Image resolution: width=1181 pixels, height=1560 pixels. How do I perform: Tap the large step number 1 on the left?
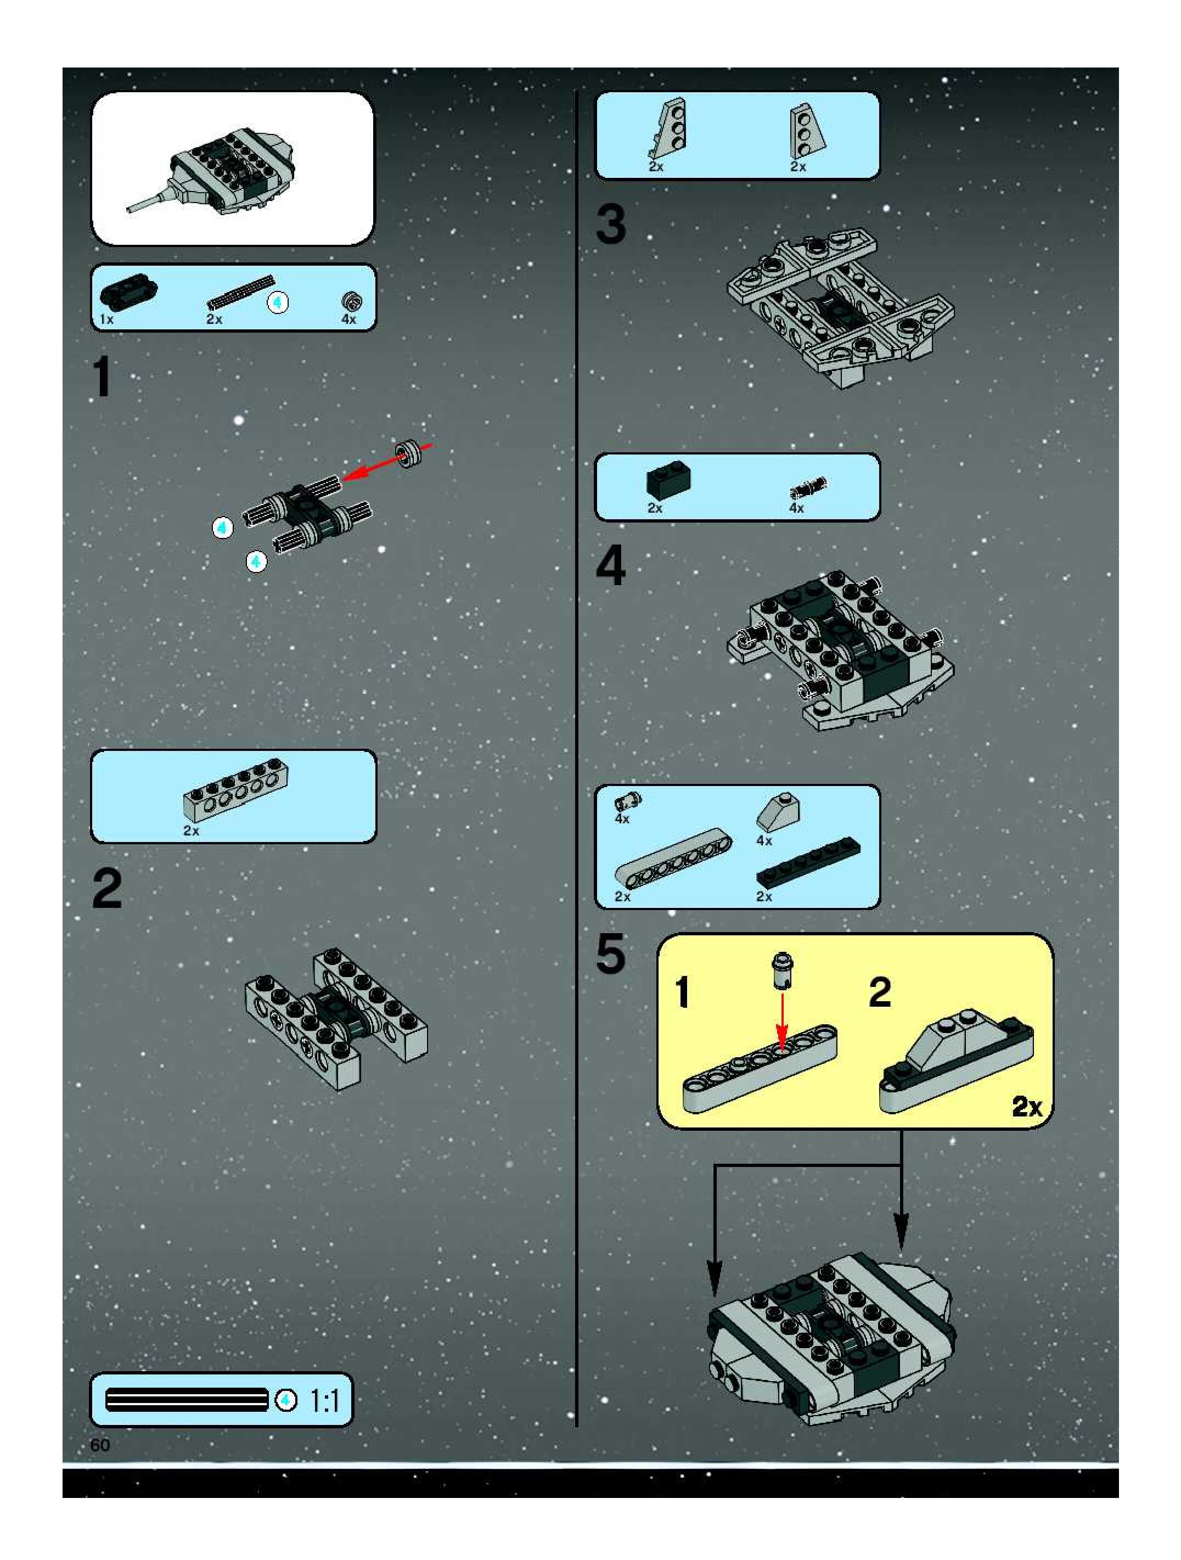point(102,377)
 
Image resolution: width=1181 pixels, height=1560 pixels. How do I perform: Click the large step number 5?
point(611,953)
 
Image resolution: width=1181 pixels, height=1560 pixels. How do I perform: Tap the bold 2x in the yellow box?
point(1027,1106)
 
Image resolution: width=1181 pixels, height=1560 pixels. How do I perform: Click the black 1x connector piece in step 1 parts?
point(128,292)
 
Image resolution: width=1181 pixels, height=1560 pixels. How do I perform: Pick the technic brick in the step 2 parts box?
point(235,790)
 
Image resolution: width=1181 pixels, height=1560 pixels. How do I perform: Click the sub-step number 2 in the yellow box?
point(880,992)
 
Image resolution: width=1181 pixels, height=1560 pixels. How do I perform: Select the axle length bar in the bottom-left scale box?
point(187,1400)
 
